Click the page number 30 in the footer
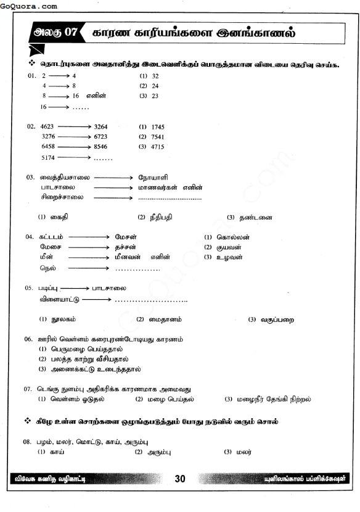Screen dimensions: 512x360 (180, 479)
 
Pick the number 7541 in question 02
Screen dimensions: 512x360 (157, 137)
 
